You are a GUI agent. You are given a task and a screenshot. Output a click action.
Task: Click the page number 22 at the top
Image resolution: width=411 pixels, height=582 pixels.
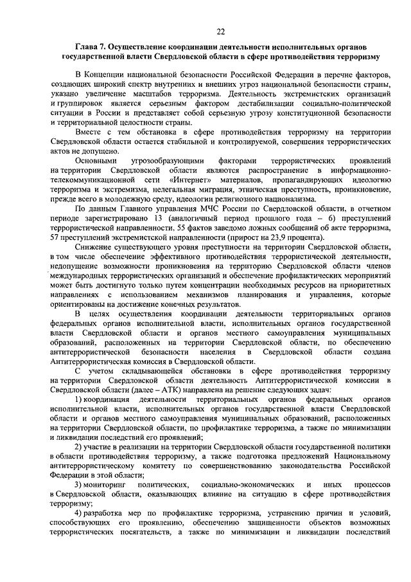pos(220,31)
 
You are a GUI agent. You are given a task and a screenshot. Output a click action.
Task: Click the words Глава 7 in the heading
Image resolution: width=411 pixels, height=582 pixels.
pos(91,48)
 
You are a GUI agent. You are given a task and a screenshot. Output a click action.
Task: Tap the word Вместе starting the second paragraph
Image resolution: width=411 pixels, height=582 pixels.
pos(89,131)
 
